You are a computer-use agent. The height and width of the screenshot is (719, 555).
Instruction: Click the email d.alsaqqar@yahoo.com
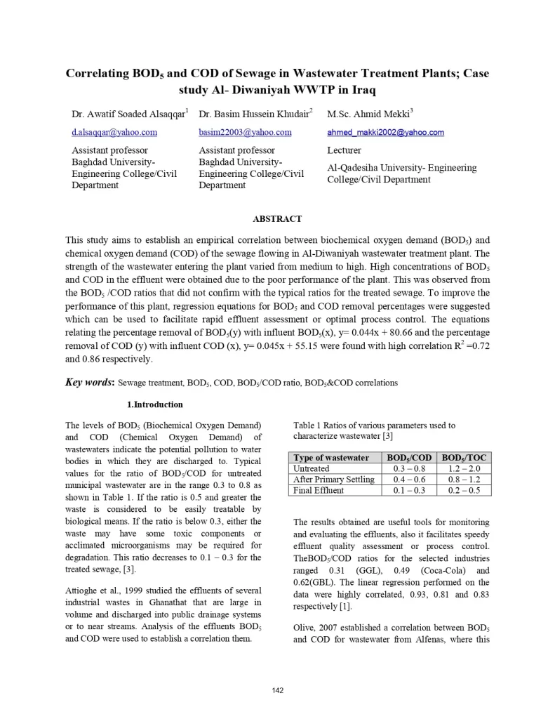tap(114, 132)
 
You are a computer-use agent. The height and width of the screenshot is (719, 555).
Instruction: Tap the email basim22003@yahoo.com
tap(245, 132)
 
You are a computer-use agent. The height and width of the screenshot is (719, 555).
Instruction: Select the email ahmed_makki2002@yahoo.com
tap(385, 132)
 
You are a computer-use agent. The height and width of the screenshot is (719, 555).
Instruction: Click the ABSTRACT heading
tap(277, 219)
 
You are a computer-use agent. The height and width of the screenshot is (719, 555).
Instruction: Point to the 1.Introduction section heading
tap(154, 404)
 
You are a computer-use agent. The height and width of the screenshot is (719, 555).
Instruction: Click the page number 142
tap(278, 691)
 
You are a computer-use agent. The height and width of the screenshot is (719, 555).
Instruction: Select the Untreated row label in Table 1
tap(311, 468)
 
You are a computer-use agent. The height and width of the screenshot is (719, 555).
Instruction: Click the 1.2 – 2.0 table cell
tap(464, 468)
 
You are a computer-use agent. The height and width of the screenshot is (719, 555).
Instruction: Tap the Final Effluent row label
tap(319, 490)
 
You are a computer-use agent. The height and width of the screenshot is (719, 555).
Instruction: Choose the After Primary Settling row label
tap(333, 480)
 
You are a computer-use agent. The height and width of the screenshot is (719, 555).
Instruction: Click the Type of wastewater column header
tap(331, 458)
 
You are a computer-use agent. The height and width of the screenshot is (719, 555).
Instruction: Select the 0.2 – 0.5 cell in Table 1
tap(464, 490)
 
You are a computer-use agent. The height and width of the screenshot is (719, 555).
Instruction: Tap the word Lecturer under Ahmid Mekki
tap(344, 150)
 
